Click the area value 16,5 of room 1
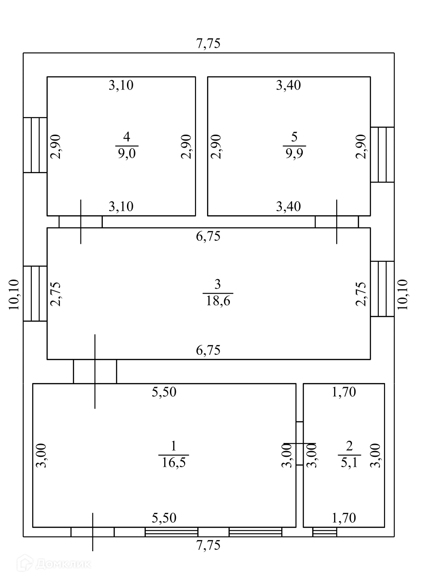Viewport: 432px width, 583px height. tap(174, 462)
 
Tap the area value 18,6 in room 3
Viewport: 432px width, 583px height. tap(218, 300)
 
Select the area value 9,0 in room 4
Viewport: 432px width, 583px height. tap(127, 154)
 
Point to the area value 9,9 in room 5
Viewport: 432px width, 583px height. tap(294, 154)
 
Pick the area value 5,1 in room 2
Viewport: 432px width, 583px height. tap(349, 462)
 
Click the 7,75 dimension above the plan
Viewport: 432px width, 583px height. tap(208, 44)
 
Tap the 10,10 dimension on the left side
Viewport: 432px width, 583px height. tap(13, 294)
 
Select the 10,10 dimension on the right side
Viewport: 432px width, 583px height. tap(402, 294)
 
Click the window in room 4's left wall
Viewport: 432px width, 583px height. tap(35, 145)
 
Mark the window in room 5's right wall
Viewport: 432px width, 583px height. tap(382, 154)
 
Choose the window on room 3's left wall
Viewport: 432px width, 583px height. tap(35, 294)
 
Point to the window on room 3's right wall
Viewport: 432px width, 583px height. tap(382, 289)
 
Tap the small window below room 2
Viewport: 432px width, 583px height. tap(325, 532)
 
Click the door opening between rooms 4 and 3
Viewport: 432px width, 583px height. tap(80, 222)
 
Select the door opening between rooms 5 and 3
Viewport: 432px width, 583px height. tap(337, 222)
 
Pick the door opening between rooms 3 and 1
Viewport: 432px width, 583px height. tap(95, 371)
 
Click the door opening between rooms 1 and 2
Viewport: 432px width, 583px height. tap(300, 443)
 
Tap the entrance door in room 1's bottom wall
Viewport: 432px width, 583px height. tap(93, 532)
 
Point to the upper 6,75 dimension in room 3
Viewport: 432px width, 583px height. tap(208, 236)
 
